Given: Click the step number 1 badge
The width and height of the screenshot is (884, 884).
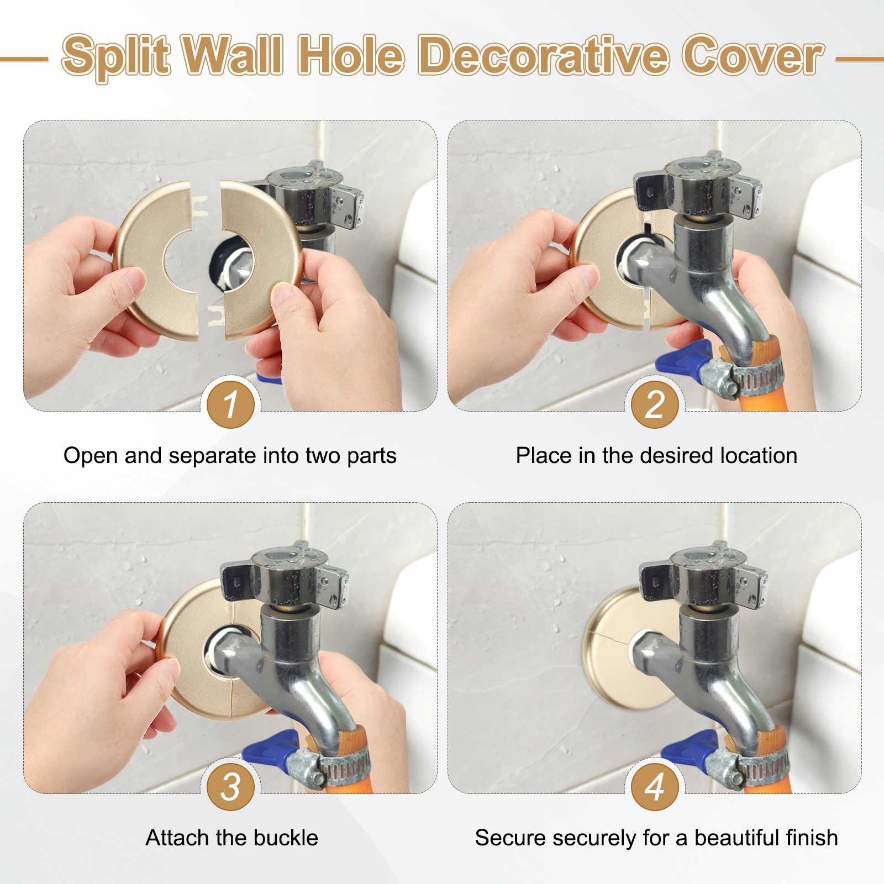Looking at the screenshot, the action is pyautogui.click(x=230, y=404).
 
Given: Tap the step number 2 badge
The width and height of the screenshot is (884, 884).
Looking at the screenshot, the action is pyautogui.click(x=655, y=404).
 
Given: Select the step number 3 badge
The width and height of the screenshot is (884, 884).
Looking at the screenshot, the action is pyautogui.click(x=230, y=787).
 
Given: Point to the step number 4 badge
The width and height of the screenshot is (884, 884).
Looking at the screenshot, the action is pyautogui.click(x=655, y=787).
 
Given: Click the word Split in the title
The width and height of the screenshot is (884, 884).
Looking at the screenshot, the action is pyautogui.click(x=115, y=56).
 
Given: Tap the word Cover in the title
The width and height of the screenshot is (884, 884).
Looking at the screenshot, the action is pyautogui.click(x=752, y=55).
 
